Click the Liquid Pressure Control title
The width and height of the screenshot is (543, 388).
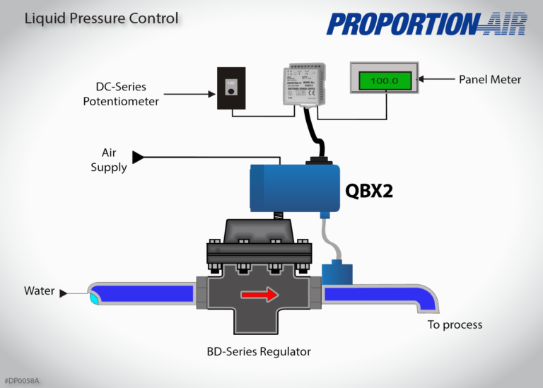[x=101, y=18]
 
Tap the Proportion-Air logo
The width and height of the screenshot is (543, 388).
[x=427, y=24]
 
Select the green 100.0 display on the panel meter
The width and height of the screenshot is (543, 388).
[x=384, y=81]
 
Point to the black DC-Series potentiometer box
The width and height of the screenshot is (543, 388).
[x=230, y=88]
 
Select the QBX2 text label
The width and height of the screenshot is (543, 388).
[x=368, y=191]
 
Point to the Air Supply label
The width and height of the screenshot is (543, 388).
[x=109, y=160]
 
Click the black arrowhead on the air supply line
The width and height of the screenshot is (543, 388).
[x=138, y=157]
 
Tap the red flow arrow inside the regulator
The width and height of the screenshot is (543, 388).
[x=257, y=294]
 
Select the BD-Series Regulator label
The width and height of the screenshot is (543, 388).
[x=259, y=351]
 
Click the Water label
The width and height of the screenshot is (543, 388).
[x=39, y=291]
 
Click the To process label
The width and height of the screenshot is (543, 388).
[x=455, y=324]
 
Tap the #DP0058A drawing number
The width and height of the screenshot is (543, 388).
[x=21, y=381]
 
